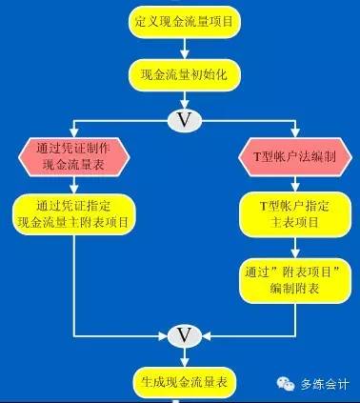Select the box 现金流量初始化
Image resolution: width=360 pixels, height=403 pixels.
(180, 76)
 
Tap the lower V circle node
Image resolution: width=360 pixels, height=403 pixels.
(180, 334)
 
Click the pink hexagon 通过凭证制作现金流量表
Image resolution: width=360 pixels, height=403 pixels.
(74, 157)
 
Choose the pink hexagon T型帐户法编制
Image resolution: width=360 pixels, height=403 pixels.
(287, 157)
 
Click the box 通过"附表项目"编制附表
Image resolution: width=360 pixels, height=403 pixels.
(287, 278)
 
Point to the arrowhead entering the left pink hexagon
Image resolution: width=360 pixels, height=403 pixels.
(74, 134)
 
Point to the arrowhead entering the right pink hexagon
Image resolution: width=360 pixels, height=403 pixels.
(287, 134)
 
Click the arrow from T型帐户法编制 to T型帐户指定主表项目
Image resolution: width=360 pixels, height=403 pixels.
(287, 186)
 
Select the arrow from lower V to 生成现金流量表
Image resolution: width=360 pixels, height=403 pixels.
(180, 357)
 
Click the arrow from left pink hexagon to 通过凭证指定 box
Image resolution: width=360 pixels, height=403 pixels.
(74, 186)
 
